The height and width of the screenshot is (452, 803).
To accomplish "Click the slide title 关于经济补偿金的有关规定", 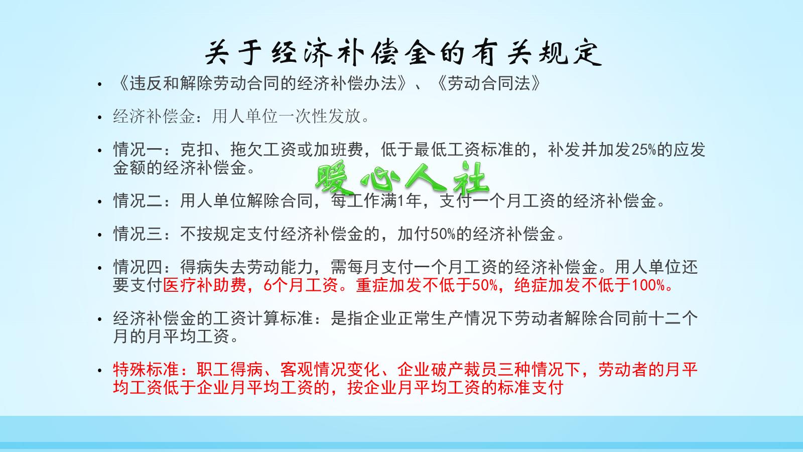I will point(403,53).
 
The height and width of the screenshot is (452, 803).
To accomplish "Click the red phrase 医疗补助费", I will point(204,285).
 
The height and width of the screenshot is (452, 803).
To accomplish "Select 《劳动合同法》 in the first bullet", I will point(490,83).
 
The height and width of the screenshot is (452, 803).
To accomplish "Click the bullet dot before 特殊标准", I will point(101,371).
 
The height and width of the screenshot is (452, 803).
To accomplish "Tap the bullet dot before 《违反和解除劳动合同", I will point(101,84).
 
